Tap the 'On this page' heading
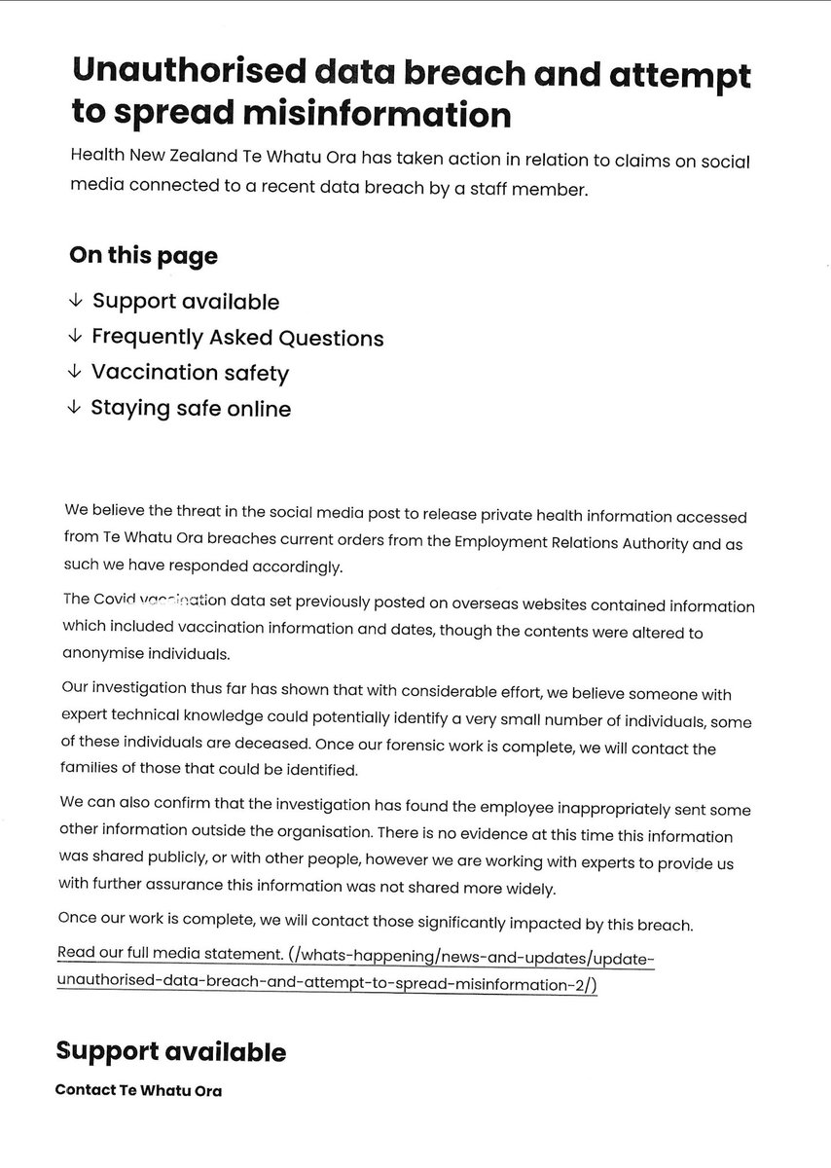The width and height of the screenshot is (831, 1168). [143, 256]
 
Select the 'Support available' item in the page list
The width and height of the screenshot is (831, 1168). [185, 302]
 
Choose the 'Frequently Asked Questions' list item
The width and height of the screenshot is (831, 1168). [237, 338]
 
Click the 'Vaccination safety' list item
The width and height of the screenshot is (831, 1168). [190, 373]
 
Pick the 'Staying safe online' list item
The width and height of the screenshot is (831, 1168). [191, 409]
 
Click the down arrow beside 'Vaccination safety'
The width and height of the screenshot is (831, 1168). [75, 373]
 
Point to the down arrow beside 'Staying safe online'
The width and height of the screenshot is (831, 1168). [75, 409]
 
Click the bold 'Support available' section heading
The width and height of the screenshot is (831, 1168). [171, 1051]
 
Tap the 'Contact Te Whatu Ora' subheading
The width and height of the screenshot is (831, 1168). [139, 1090]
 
